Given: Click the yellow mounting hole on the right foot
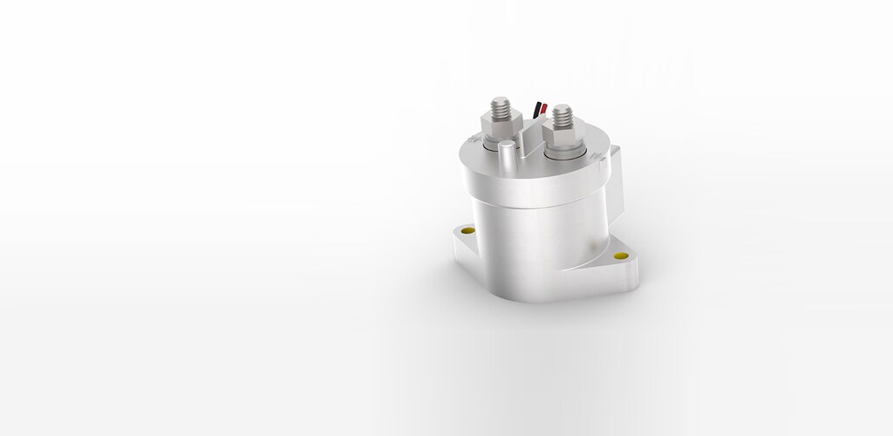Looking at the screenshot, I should click(621, 256).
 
